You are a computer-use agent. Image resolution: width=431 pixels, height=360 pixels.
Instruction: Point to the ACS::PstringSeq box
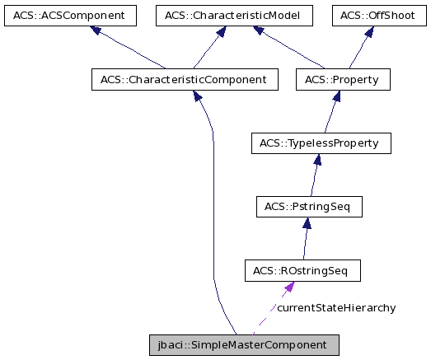click(309, 207)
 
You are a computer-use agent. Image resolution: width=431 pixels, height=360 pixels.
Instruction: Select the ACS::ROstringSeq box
click(302, 270)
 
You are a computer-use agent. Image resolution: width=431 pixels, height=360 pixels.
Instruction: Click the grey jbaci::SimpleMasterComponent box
click(242, 344)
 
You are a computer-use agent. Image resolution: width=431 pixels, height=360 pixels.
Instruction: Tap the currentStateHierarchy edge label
click(335, 308)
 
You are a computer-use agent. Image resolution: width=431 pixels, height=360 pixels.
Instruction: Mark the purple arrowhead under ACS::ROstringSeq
click(288, 287)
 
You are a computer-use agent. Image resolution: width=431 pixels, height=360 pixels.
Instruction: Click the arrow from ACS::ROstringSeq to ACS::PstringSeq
click(305, 239)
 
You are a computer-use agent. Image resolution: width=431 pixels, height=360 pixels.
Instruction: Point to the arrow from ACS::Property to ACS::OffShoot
click(359, 49)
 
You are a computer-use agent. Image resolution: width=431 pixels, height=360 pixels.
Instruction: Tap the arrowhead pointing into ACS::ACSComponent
click(96, 30)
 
